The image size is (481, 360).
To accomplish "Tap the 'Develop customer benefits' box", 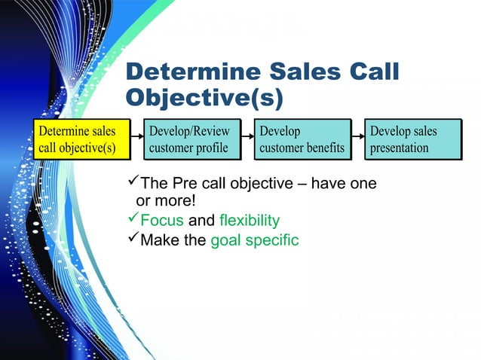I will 302,139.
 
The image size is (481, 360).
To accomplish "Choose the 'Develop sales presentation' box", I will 412,139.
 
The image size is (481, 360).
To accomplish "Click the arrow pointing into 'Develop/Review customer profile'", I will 136,139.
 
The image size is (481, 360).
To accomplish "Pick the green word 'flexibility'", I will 250,221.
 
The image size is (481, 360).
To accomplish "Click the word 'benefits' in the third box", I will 322,148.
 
